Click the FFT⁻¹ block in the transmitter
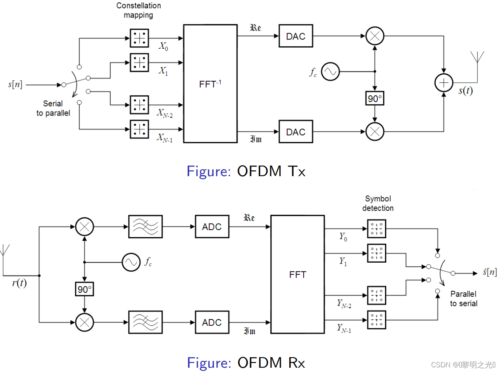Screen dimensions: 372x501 pyautogui.click(x=210, y=84)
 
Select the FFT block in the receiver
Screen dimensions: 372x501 pyautogui.click(x=297, y=274)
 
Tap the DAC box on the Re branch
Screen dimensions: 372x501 pyautogui.click(x=296, y=36)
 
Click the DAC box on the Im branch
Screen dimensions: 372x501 pyautogui.click(x=296, y=132)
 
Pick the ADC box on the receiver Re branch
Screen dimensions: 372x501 pyautogui.click(x=212, y=227)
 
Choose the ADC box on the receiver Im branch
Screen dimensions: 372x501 pyautogui.click(x=212, y=322)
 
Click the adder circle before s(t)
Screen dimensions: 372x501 pyautogui.click(x=444, y=83)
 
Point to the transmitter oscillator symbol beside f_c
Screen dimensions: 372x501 pyautogui.click(x=330, y=71)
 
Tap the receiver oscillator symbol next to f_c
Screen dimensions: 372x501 pyautogui.click(x=131, y=262)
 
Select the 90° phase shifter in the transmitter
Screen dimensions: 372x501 pyautogui.click(x=375, y=99)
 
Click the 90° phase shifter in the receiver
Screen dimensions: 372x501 pyautogui.click(x=84, y=289)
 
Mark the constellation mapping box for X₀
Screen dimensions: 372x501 pyautogui.click(x=139, y=38)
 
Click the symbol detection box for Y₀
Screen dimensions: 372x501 pyautogui.click(x=376, y=228)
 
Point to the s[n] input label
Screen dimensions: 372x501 pyautogui.click(x=15, y=84)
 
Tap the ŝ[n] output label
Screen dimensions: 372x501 pyautogui.click(x=489, y=272)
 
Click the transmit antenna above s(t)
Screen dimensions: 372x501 pyautogui.click(x=477, y=58)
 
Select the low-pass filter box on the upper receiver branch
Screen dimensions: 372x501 pyautogui.click(x=145, y=227)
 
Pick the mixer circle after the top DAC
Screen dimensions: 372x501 pyautogui.click(x=375, y=36)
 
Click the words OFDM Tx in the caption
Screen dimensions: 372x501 pyautogui.click(x=271, y=171)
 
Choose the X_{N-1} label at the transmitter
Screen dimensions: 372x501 pyautogui.click(x=165, y=138)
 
